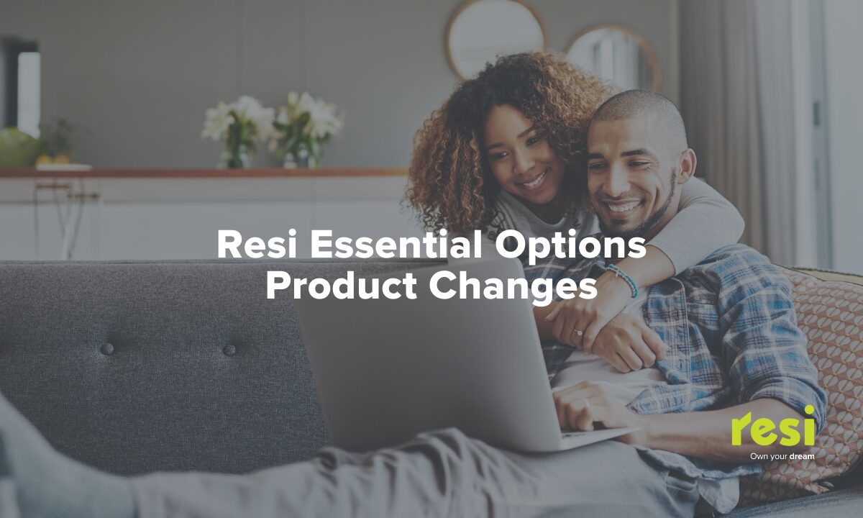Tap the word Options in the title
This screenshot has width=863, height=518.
570,247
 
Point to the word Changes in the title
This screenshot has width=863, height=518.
513,288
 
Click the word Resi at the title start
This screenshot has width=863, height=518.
257,244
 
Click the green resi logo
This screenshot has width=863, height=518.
773,427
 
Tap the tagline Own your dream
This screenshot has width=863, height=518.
782,456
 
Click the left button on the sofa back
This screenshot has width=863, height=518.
107,349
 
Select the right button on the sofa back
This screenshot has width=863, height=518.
229,350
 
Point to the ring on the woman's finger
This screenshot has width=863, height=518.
579,332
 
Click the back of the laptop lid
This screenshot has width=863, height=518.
424,358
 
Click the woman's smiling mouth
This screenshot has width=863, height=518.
534,180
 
